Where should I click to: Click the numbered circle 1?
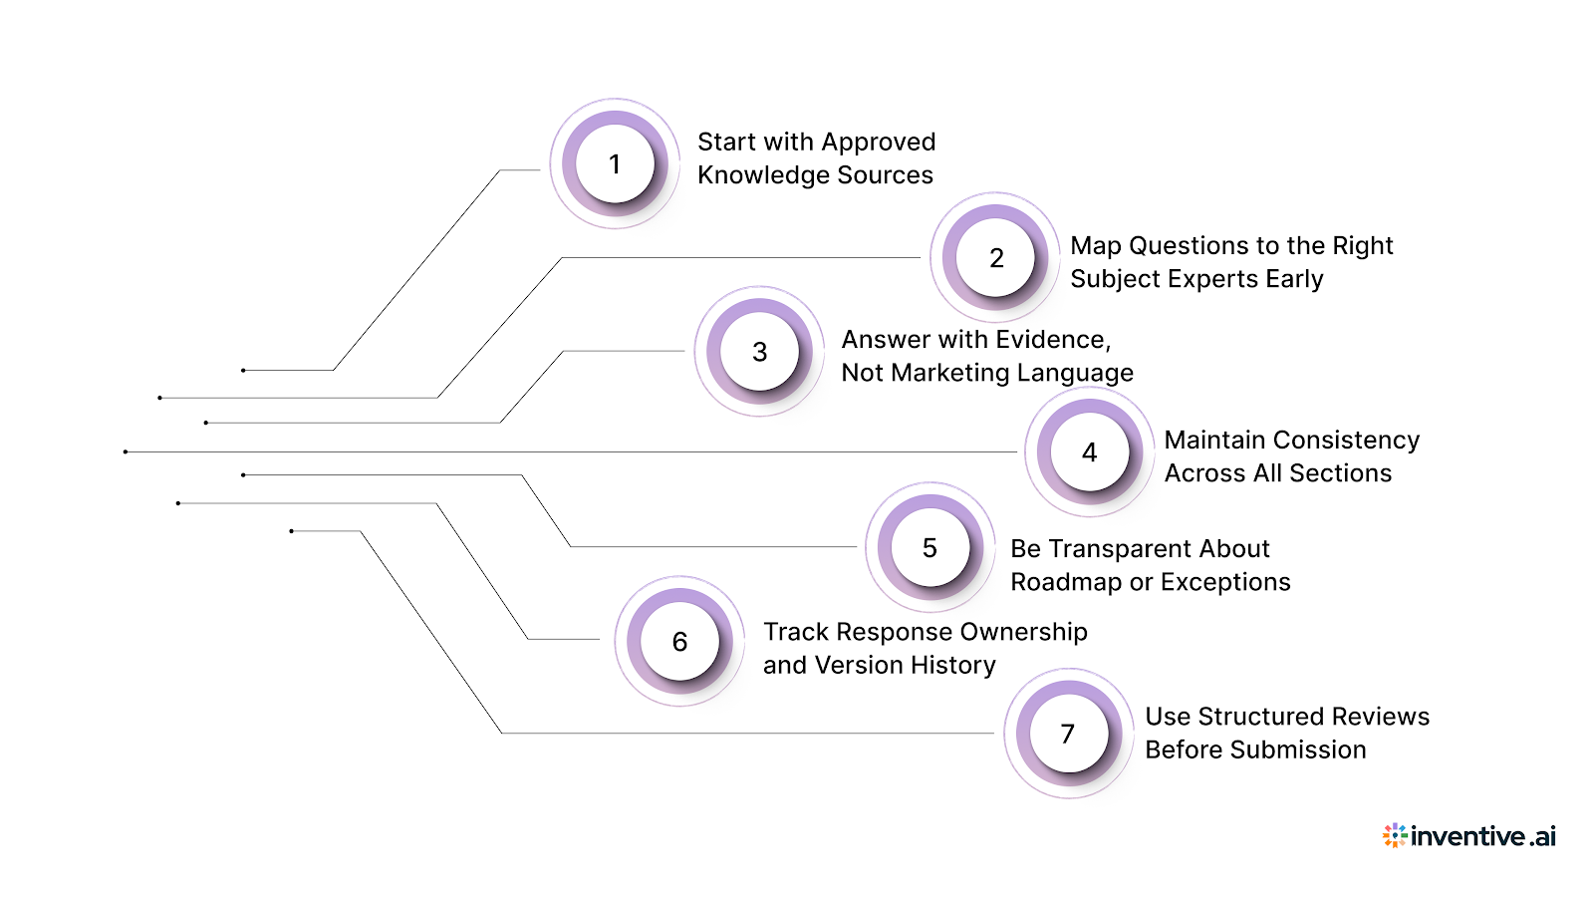pos(615,163)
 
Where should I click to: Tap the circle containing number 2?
pos(995,258)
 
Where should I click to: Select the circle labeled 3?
pos(759,352)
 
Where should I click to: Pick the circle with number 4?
pos(1089,452)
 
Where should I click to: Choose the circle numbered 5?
pos(930,547)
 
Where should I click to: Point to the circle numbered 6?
pos(679,642)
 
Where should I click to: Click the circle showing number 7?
pos(1068,734)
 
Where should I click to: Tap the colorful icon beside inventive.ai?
pos(1395,835)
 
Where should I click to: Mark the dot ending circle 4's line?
pos(126,451)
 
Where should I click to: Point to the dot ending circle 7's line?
pos(291,531)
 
